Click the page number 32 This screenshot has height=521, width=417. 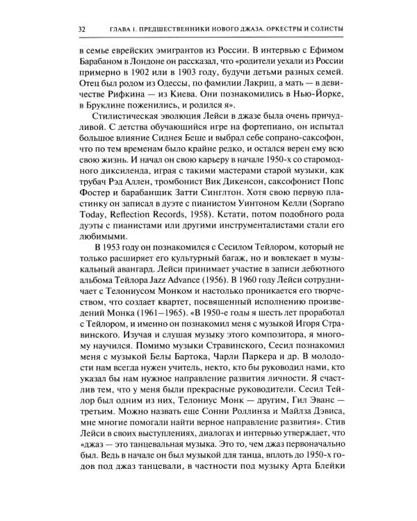pos(82,28)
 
